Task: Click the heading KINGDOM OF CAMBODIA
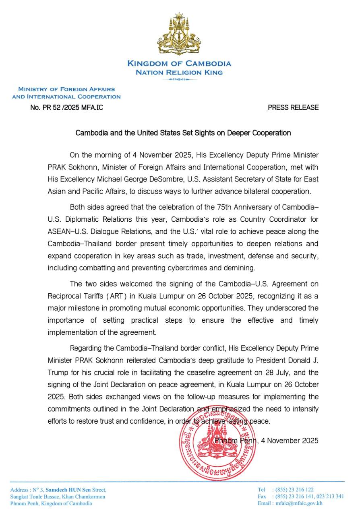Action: point(179,64)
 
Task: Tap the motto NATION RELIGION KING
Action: point(179,72)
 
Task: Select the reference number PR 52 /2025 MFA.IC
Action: point(69,107)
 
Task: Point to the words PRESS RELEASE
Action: point(293,107)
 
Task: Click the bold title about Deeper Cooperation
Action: point(183,133)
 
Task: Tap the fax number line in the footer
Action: point(300,496)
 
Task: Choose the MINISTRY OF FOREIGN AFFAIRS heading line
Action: point(66,89)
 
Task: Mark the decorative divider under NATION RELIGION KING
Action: point(179,79)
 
